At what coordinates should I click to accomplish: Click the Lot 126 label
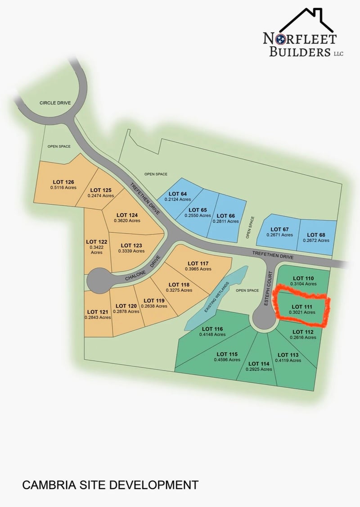click(63, 182)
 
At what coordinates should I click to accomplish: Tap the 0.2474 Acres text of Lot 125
click(102, 196)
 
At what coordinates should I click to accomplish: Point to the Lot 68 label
click(316, 235)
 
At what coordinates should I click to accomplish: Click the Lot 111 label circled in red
click(301, 307)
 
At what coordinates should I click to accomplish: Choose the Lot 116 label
click(213, 329)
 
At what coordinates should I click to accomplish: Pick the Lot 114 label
click(259, 363)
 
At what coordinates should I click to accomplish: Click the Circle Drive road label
click(55, 103)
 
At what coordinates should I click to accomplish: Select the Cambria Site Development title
click(110, 485)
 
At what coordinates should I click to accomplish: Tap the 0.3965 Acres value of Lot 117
click(198, 269)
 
